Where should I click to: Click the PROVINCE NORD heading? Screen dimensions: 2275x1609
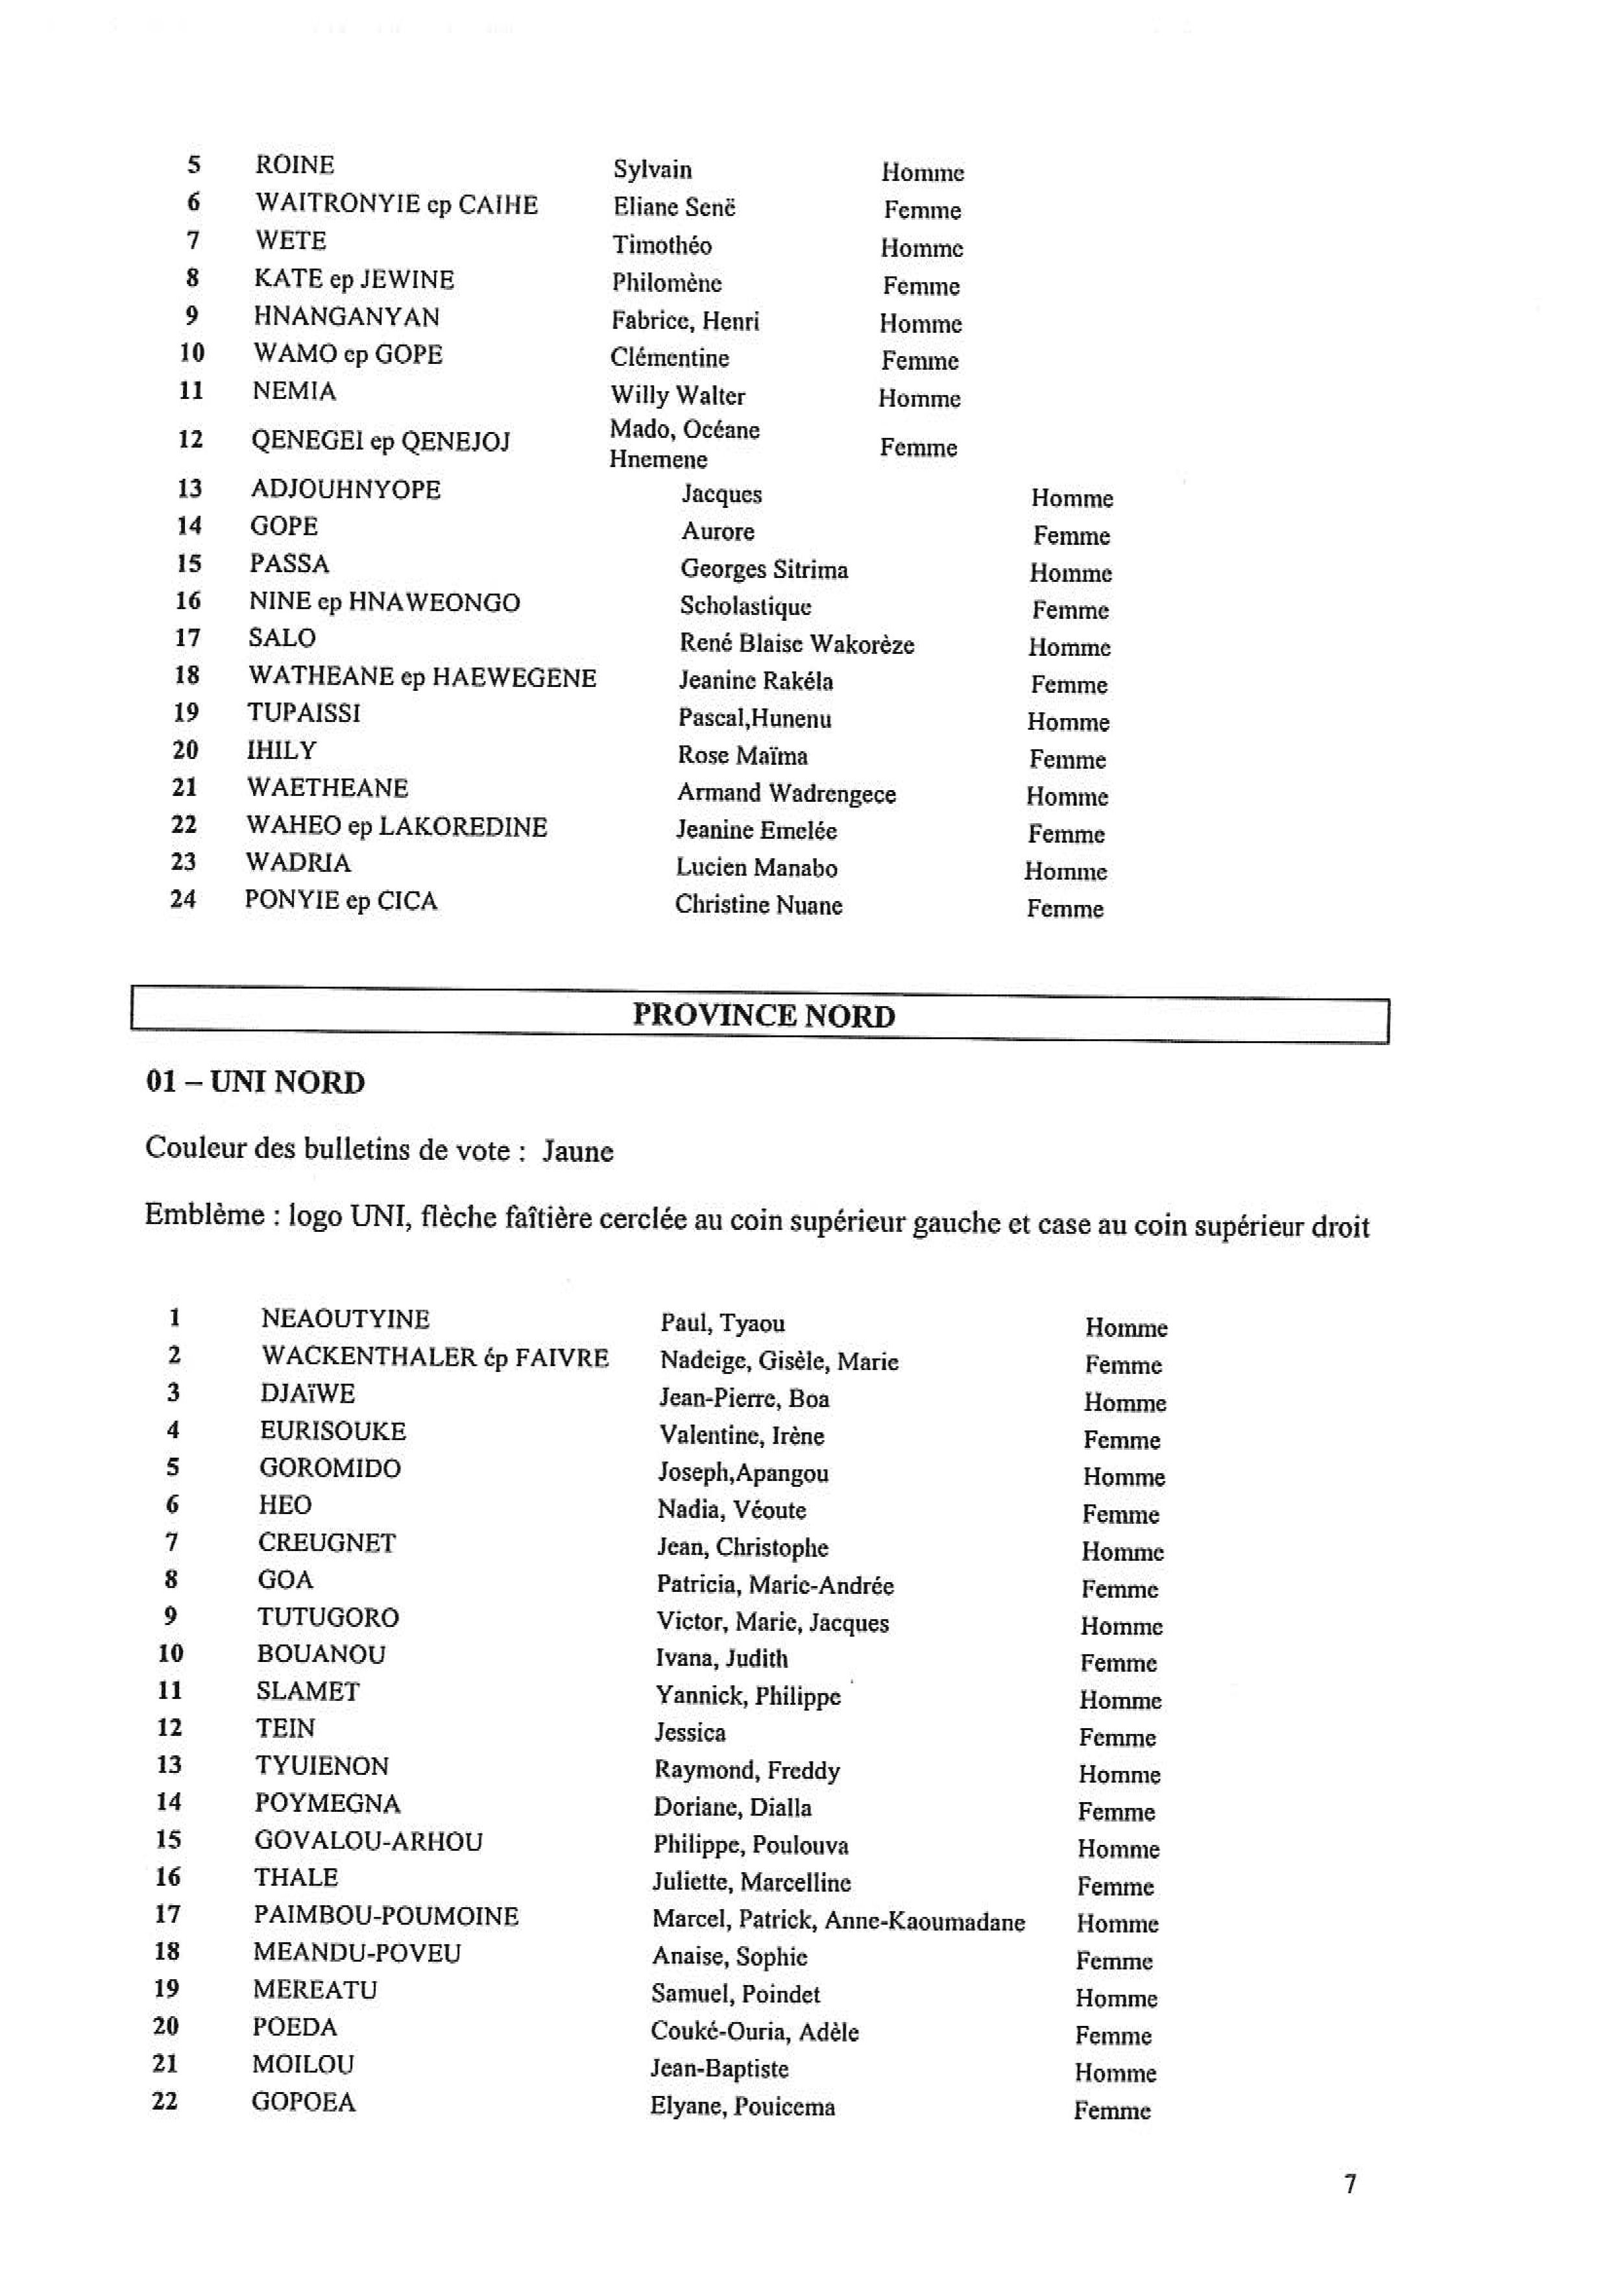coord(763,1016)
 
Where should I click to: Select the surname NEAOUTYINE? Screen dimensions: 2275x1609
coord(345,1319)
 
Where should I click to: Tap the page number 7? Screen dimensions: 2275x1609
coord(1349,2184)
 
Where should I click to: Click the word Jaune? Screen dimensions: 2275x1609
coord(577,1151)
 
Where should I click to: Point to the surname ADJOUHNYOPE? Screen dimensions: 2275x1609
coord(346,490)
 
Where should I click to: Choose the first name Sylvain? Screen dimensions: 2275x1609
coord(652,169)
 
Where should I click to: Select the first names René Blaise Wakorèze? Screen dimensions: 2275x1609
coord(797,644)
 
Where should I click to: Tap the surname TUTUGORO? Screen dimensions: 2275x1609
coord(328,1617)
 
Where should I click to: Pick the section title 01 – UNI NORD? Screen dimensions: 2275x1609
coord(256,1082)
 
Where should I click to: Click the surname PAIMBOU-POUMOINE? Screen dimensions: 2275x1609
coord(385,1916)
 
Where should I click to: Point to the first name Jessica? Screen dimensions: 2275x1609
coord(690,1732)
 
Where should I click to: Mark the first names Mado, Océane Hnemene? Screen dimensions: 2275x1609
coord(684,444)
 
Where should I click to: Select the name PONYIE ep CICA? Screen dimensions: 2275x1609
coord(341,900)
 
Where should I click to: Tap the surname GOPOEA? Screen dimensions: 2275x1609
coord(303,2102)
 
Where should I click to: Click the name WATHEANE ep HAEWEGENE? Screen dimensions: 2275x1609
coord(422,678)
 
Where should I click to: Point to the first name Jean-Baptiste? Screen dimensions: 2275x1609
coord(720,2068)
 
